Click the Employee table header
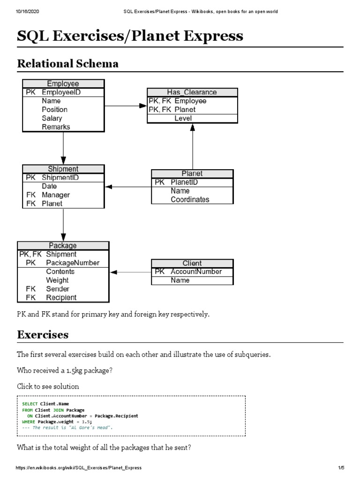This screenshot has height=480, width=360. [x=63, y=83]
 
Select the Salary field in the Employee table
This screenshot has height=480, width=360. [x=52, y=118]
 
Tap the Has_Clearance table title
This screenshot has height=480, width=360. [x=192, y=92]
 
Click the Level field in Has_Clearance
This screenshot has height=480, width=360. [x=183, y=118]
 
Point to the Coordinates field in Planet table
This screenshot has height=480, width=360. [x=190, y=199]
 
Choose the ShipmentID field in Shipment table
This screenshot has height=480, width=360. [x=60, y=178]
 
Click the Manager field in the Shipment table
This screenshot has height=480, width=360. [x=55, y=195]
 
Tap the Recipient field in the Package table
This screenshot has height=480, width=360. [x=61, y=297]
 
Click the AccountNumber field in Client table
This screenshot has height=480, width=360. [x=196, y=271]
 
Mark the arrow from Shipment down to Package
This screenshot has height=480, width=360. [x=63, y=225]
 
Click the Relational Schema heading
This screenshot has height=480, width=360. [x=67, y=63]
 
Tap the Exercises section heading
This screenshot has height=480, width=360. [x=43, y=335]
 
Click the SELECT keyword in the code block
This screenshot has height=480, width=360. [x=30, y=404]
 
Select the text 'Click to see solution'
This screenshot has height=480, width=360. [x=48, y=387]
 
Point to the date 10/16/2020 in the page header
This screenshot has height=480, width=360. [x=15, y=11]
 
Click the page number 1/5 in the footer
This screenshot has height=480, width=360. [x=341, y=468]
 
